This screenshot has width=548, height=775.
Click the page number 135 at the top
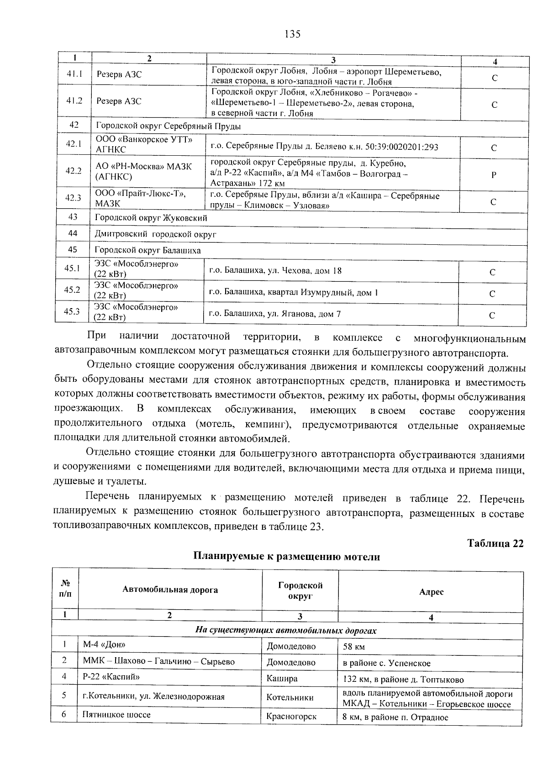292,34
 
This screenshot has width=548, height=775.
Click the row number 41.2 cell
74,101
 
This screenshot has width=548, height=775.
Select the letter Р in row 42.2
494,175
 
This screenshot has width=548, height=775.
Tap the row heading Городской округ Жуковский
151,218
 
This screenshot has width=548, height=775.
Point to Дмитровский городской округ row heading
155,234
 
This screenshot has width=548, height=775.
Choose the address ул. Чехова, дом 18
275,271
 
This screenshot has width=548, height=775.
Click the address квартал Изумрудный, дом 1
293,292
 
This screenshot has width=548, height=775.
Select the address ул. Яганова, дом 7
275,314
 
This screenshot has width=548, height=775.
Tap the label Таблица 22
495,543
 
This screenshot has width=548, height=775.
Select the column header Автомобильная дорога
170,590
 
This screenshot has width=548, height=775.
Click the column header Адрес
431,591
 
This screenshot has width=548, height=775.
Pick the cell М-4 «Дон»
104,644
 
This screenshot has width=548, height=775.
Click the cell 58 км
354,647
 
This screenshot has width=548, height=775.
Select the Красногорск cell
291,717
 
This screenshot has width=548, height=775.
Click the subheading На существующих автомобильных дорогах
286,631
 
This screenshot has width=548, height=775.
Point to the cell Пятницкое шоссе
116,714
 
